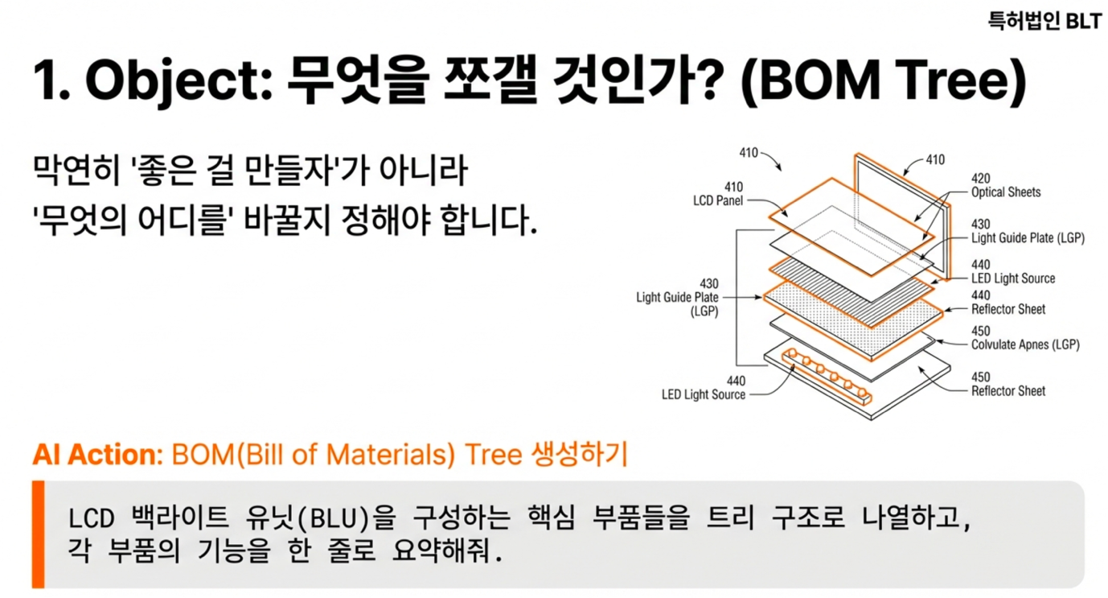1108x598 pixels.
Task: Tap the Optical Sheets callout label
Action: coord(1005,192)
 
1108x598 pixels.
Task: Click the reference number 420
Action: coord(981,179)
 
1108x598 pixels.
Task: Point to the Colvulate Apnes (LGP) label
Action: coord(1025,344)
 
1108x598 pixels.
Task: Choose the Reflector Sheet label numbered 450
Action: coord(1008,391)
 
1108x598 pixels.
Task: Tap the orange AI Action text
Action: coord(96,455)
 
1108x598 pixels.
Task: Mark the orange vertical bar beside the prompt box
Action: coord(38,534)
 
